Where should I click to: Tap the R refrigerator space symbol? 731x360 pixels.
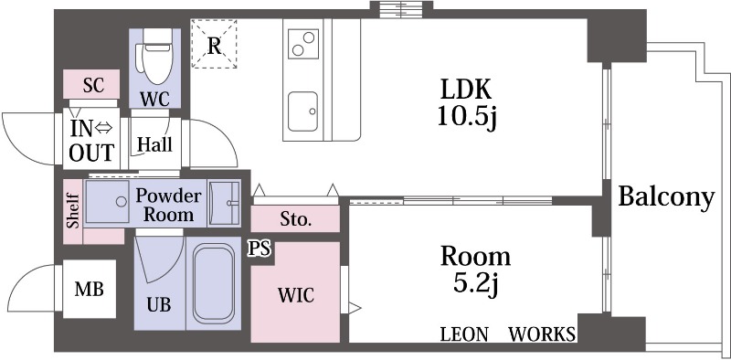(214, 44)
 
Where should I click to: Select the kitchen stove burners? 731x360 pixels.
(303, 43)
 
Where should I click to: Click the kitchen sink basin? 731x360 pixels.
(302, 111)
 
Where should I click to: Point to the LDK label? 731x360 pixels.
(466, 89)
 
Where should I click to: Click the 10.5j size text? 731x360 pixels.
(467, 117)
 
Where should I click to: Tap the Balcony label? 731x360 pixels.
(666, 196)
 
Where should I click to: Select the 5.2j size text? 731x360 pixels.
(475, 284)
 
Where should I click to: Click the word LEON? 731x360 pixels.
(464, 334)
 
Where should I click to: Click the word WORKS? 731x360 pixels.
(542, 334)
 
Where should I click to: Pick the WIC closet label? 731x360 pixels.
(295, 295)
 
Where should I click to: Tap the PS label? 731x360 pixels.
(259, 249)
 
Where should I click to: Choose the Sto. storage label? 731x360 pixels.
(295, 218)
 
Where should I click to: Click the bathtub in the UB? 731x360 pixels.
(214, 284)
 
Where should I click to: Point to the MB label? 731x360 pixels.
(89, 289)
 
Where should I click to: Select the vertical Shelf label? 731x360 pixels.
(73, 211)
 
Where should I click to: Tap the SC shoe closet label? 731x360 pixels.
(94, 85)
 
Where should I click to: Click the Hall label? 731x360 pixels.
(154, 144)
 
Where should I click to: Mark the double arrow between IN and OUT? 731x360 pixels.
(103, 127)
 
